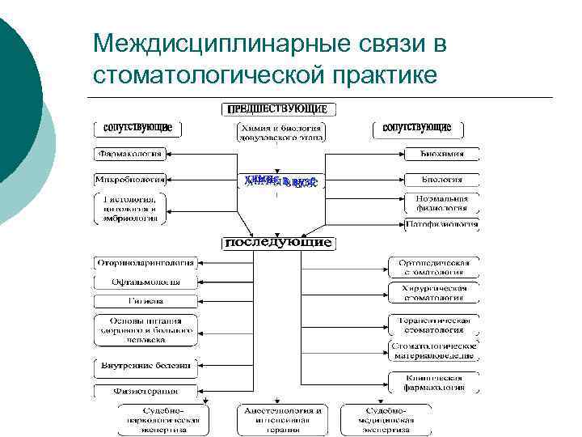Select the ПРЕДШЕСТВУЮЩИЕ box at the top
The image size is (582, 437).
[279, 108]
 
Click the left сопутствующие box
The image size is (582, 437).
[137, 128]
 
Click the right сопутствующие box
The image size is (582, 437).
[416, 128]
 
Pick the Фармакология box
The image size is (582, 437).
[130, 152]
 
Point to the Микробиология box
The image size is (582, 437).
[130, 179]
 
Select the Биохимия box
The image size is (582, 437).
[441, 153]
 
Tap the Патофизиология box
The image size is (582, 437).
[441, 224]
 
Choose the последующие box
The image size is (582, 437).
[278, 242]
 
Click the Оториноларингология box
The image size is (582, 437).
[145, 263]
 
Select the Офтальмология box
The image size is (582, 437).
[145, 282]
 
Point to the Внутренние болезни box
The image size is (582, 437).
[145, 366]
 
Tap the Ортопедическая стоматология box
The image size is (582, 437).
[435, 267]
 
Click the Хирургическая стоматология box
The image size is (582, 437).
[435, 292]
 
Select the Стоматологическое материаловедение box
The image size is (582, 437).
[435, 350]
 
